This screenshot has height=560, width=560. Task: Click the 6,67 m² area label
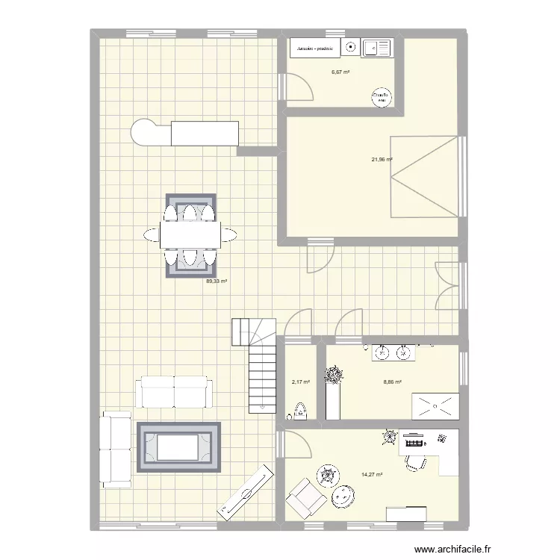pyautogui.click(x=341, y=72)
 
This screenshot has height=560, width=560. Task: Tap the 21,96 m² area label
pyautogui.click(x=382, y=159)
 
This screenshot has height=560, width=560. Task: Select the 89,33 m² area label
pyautogui.click(x=217, y=281)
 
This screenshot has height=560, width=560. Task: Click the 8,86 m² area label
pyautogui.click(x=392, y=382)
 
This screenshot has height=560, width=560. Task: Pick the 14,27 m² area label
pyautogui.click(x=371, y=474)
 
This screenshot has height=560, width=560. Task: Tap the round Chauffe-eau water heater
pyautogui.click(x=382, y=97)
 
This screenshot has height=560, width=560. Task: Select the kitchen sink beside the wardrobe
pyautogui.click(x=376, y=49)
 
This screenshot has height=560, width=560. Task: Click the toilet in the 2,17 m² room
pyautogui.click(x=300, y=410)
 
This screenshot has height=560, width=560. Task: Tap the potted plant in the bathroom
pyautogui.click(x=333, y=375)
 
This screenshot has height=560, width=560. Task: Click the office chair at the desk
pyautogui.click(x=413, y=461)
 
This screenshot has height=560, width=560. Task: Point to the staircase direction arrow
pyautogui.click(x=261, y=408)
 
